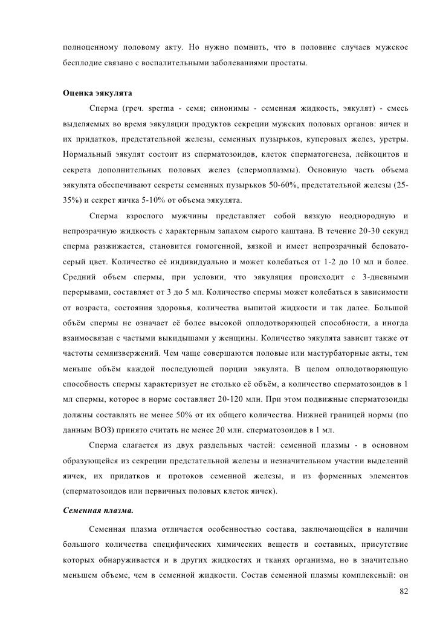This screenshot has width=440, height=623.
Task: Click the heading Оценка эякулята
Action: click(x=98, y=94)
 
